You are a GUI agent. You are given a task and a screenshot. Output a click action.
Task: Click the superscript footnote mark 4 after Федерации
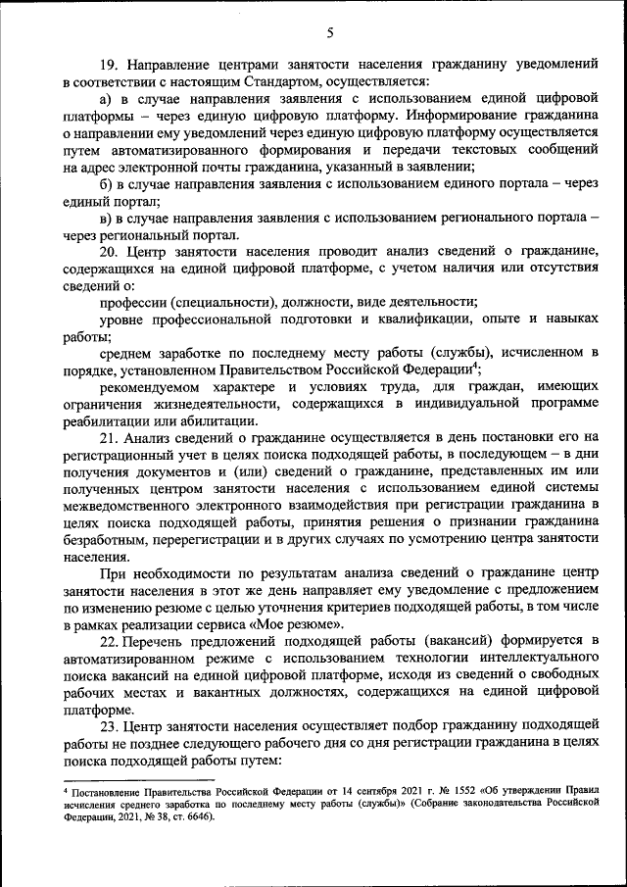coord(475,365)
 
